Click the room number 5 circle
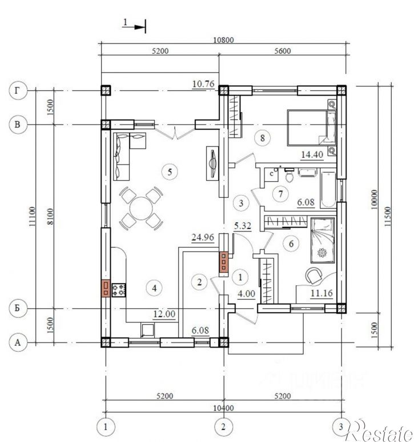170,172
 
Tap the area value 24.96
203,238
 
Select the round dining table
141,208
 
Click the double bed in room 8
311,128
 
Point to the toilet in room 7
289,176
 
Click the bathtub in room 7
328,189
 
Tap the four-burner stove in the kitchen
118,290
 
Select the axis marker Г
18,90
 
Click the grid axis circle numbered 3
341,427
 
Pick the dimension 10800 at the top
223,40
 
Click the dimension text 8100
50,216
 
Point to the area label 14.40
312,154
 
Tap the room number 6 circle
291,243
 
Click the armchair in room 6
314,275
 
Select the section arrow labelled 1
134,26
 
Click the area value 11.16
321,293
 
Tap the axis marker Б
18,308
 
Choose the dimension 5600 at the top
282,51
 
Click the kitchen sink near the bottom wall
147,330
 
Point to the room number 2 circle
199,282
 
